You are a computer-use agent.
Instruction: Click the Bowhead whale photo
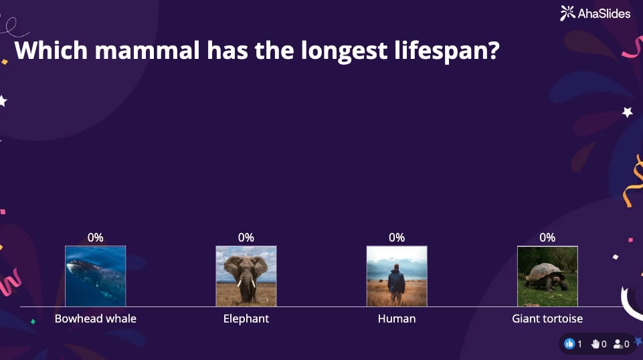[x=95, y=276]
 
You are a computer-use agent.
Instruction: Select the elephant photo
[x=246, y=276]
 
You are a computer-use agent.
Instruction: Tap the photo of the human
[x=397, y=276]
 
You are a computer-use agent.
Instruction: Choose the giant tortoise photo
[x=547, y=276]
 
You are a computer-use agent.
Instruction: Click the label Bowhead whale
[x=96, y=319]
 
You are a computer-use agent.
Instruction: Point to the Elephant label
[x=246, y=319]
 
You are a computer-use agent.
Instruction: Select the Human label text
[x=397, y=319]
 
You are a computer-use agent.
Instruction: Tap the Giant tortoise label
[x=547, y=319]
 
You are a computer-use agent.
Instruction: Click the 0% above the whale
[x=95, y=238]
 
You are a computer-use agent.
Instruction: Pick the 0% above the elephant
[x=246, y=238]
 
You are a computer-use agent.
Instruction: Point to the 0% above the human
[x=397, y=238]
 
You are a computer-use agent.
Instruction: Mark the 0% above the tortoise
[x=547, y=238]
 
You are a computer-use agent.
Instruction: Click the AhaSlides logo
[x=595, y=13]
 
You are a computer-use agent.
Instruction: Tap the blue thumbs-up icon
[x=569, y=344]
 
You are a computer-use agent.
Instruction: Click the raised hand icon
[x=595, y=344]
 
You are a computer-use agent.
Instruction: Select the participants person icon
[x=618, y=344]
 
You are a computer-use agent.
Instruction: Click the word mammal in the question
[x=147, y=50]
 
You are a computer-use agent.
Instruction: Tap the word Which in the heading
[x=51, y=50]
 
